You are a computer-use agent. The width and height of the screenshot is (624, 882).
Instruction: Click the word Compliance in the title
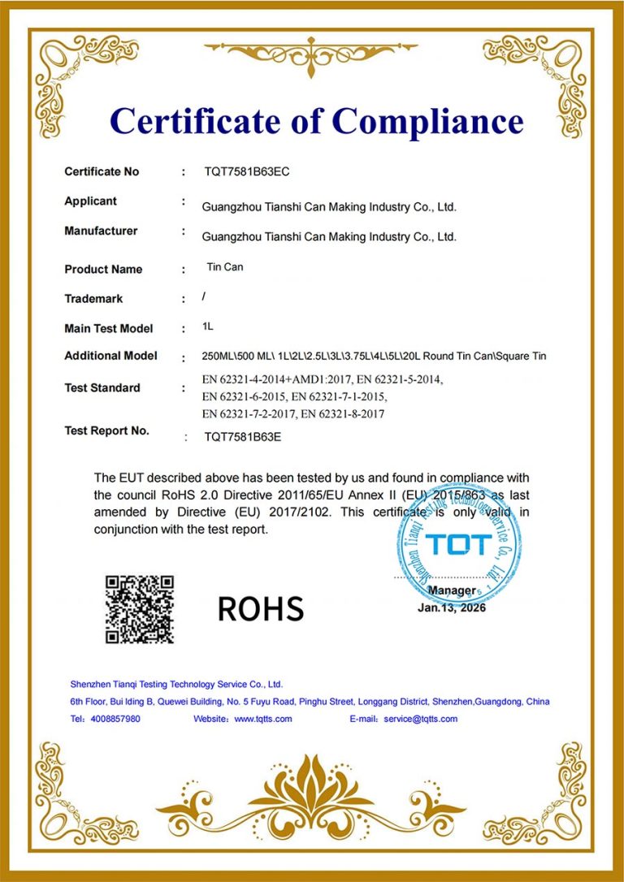427,122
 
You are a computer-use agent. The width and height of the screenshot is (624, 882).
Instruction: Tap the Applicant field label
90,201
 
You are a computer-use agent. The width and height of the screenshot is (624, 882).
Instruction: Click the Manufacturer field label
101,231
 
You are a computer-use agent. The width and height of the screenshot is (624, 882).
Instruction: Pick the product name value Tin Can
225,266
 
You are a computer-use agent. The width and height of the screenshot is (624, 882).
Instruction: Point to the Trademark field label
93,299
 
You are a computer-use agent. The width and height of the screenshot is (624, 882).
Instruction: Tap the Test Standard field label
102,388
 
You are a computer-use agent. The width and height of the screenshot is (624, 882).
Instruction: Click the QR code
140,609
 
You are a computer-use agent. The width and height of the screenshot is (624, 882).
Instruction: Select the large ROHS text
260,608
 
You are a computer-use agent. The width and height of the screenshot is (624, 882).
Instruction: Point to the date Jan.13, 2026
452,607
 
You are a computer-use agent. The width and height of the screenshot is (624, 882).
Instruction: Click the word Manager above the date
452,590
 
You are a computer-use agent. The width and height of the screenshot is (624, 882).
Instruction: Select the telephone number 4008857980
115,719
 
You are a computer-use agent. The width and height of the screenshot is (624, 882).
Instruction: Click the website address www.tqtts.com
263,719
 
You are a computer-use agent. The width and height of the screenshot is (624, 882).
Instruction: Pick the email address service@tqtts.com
421,719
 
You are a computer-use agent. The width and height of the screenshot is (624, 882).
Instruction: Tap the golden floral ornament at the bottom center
311,799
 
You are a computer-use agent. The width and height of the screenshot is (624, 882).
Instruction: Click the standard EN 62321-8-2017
342,414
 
